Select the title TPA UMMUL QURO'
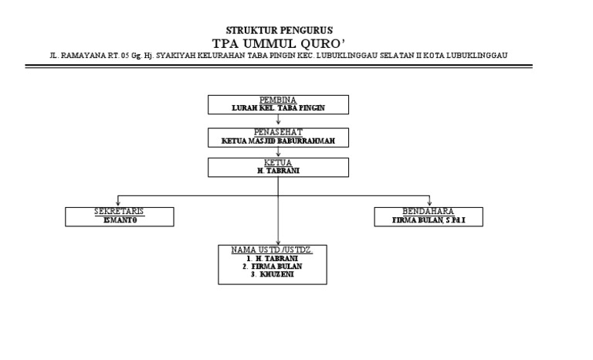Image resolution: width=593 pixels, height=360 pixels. point(278,42)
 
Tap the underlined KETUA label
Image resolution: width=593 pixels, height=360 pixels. point(278,163)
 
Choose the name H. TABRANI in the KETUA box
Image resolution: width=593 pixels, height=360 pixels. point(278,171)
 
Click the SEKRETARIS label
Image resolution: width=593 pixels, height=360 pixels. point(119,211)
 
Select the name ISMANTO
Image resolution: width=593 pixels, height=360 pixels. point(119,219)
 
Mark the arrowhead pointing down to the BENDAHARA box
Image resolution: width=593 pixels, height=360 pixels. point(429,203)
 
